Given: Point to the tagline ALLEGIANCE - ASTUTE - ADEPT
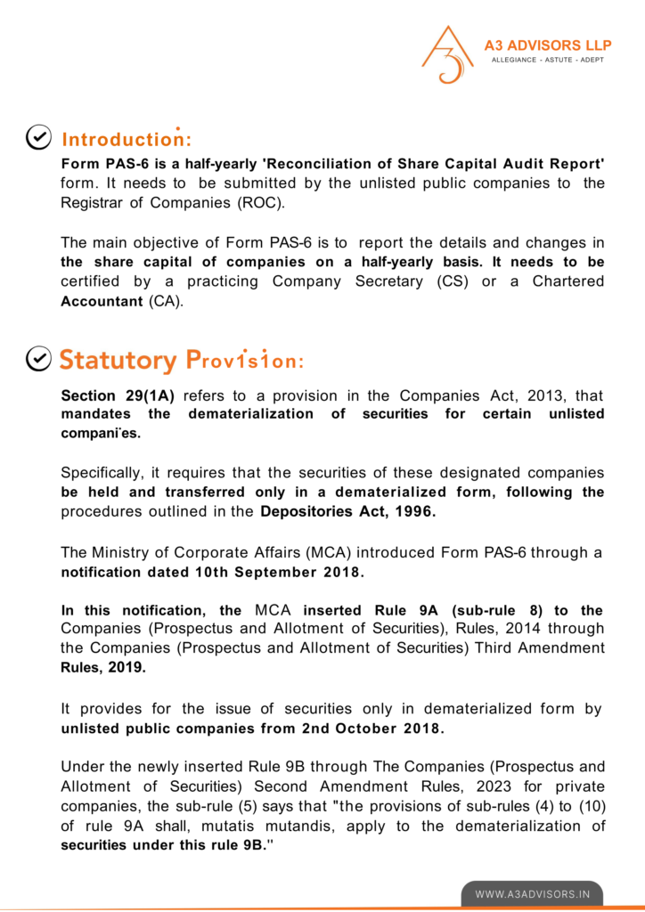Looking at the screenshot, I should point(547,60).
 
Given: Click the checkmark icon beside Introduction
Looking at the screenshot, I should point(38,137).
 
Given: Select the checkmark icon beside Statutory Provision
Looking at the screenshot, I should point(38,358).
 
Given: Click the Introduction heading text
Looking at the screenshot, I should point(126,140).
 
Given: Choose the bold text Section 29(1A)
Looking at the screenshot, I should point(118,395).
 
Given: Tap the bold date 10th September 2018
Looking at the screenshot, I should point(279,571).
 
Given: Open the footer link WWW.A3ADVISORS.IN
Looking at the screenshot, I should point(532,893).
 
